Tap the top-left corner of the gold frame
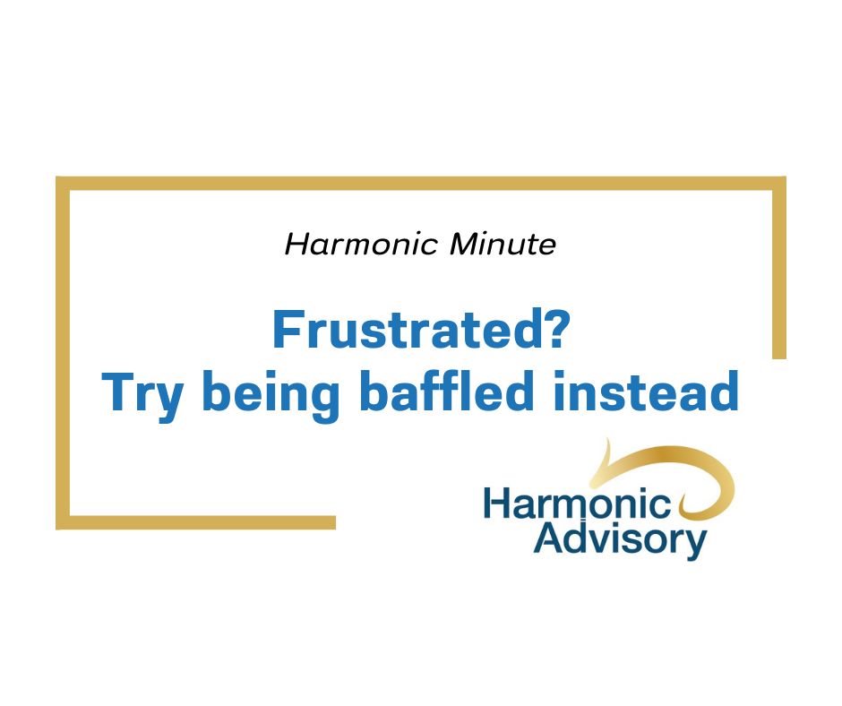[63, 184]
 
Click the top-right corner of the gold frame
[778, 184]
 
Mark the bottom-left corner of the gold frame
[63, 522]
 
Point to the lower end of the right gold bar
[779, 353]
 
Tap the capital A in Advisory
[547, 539]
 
